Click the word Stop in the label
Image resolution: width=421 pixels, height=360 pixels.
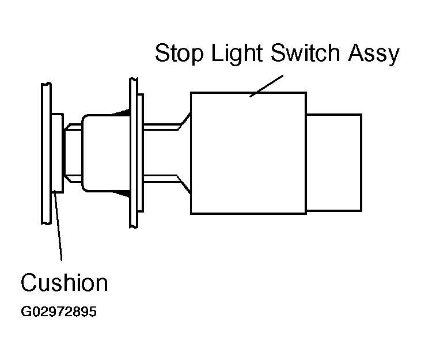(179, 53)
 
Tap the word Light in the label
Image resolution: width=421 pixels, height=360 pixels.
(237, 54)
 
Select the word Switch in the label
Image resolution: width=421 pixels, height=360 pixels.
(305, 52)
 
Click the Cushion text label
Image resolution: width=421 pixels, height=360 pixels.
(64, 282)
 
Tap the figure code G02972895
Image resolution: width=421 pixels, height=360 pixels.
(59, 312)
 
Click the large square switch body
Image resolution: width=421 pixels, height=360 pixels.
(248, 153)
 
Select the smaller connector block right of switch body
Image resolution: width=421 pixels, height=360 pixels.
(334, 162)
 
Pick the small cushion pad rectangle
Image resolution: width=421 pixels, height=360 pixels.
(57, 153)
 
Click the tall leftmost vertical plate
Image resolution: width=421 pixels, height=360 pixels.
(46, 153)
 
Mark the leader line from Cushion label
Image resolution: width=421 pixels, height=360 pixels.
(58, 225)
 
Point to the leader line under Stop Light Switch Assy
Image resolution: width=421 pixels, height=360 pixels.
(266, 86)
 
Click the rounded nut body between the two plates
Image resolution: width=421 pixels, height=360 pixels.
(106, 153)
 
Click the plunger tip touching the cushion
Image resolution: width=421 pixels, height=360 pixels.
(73, 153)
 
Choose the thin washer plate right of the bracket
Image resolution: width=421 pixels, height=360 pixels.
(141, 153)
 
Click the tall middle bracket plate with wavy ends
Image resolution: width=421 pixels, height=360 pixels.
(134, 153)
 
